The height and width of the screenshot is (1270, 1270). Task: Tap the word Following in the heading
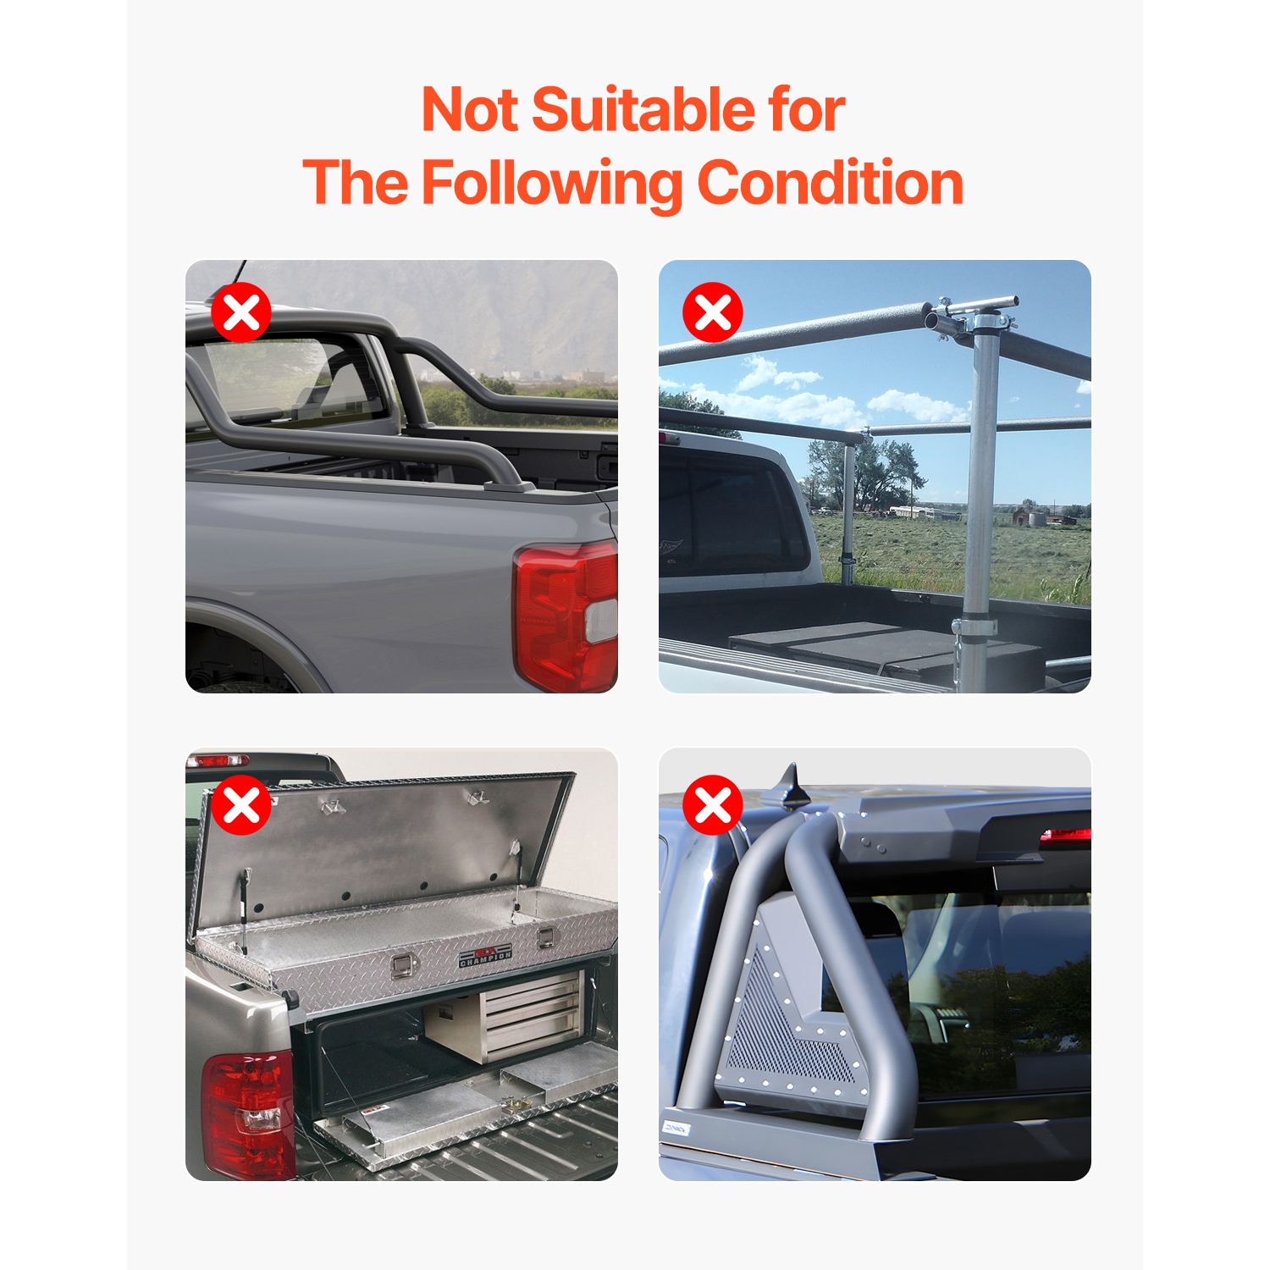pyautogui.click(x=551, y=183)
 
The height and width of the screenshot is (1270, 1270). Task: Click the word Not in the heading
pyautogui.click(x=469, y=110)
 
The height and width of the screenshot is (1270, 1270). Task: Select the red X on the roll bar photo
pyautogui.click(x=241, y=312)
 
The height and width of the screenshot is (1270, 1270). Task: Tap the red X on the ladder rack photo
pyautogui.click(x=713, y=312)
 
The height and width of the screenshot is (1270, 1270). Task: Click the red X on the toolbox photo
pyautogui.click(x=241, y=804)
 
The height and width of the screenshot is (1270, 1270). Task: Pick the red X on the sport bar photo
pyautogui.click(x=713, y=804)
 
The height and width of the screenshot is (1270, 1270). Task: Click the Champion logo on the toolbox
pyautogui.click(x=485, y=956)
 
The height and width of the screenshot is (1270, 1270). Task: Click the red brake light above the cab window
pyautogui.click(x=1065, y=836)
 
